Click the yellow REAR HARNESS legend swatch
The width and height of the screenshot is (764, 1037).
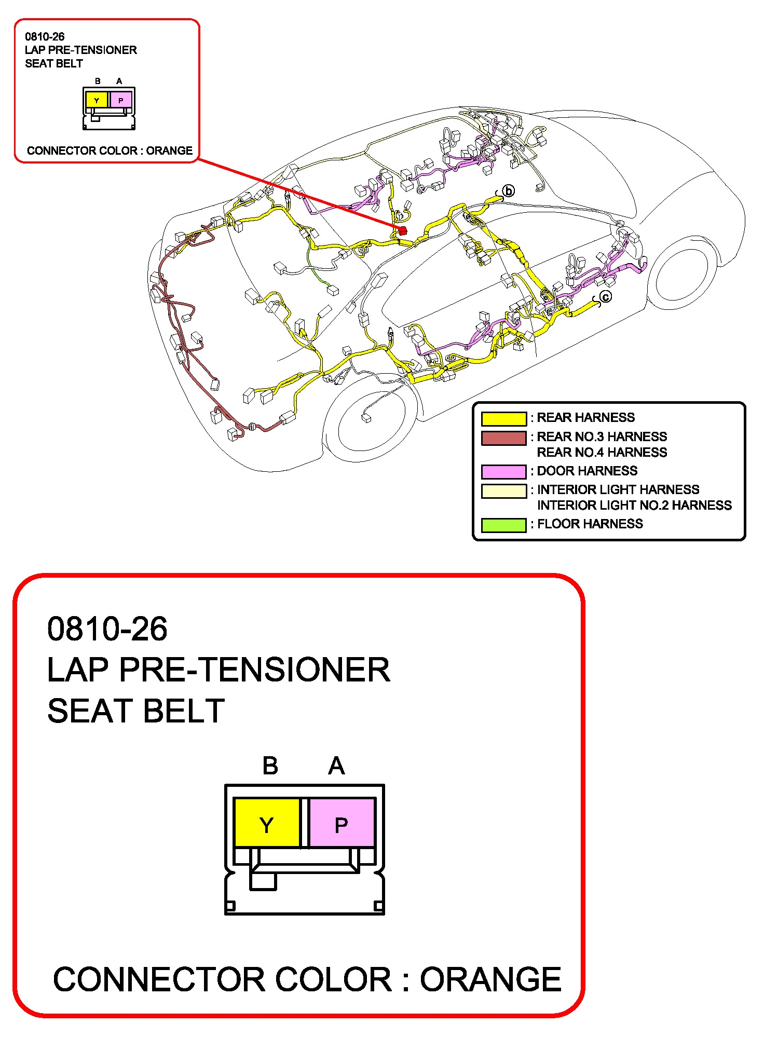(503, 418)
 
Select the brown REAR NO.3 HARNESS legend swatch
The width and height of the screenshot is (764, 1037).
(503, 438)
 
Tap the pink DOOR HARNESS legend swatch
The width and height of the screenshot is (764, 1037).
(503, 471)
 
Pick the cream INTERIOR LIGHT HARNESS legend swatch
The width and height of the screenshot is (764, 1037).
(503, 490)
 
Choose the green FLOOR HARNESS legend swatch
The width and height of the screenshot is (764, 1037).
(503, 525)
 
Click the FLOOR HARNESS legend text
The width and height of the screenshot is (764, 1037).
(590, 524)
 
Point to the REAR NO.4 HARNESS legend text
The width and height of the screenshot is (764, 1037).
(602, 453)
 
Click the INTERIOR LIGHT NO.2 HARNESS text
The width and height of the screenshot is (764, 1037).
(634, 506)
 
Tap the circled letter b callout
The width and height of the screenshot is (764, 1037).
(509, 191)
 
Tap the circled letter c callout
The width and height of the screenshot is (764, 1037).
(605, 297)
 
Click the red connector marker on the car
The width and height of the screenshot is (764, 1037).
(402, 230)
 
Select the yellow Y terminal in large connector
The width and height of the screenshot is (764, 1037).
(267, 824)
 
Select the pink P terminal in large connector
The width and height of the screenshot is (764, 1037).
(342, 824)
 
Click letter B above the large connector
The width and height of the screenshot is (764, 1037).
(270, 766)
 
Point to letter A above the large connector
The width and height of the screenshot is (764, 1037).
(336, 766)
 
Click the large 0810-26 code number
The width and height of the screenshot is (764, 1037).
(107, 629)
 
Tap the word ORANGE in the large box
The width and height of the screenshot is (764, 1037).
(490, 979)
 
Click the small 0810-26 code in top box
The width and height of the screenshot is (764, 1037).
(45, 37)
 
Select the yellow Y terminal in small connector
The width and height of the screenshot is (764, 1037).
(97, 100)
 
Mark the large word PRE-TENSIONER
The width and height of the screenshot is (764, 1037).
(254, 670)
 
